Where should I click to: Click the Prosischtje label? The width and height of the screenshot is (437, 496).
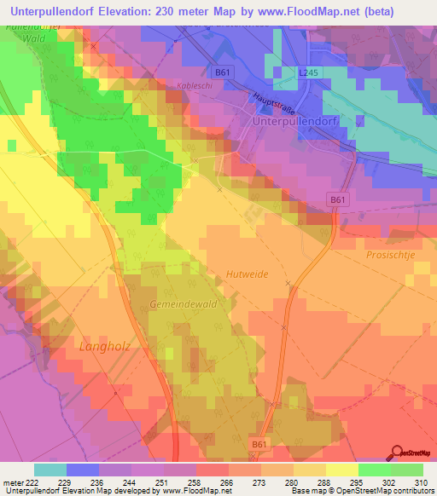[391, 255]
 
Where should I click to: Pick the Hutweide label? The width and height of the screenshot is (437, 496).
[248, 274]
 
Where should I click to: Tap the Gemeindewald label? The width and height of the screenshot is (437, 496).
[178, 304]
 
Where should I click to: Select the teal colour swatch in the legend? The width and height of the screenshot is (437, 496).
[50, 470]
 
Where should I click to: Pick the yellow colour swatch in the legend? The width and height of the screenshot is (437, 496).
[342, 470]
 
